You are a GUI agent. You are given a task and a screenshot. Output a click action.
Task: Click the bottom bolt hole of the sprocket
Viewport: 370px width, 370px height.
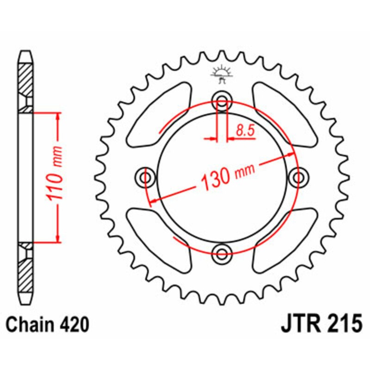222,253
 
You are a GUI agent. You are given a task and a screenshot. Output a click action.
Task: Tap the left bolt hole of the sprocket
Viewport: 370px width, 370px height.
146,178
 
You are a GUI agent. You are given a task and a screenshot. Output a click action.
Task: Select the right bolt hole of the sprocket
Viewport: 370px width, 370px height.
298,178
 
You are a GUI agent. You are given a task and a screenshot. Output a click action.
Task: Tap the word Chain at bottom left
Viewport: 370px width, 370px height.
27,325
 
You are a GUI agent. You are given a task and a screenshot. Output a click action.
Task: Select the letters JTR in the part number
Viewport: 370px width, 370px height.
298,325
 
